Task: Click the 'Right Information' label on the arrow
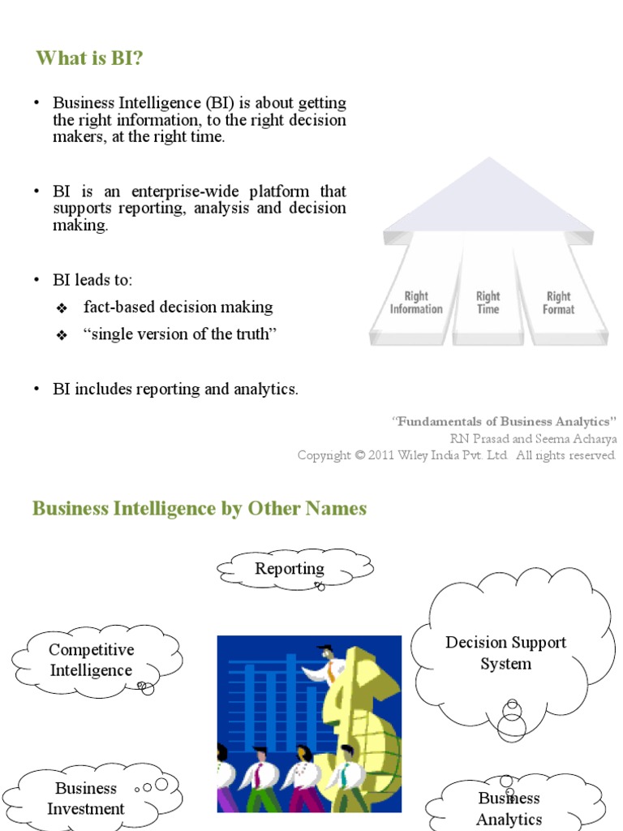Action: pyautogui.click(x=416, y=303)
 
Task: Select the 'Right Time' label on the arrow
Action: pyautogui.click(x=488, y=303)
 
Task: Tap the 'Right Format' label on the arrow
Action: pyautogui.click(x=558, y=303)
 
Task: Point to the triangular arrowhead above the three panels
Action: pyautogui.click(x=488, y=199)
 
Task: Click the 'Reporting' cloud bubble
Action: pyautogui.click(x=290, y=569)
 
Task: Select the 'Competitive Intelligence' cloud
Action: pyautogui.click(x=92, y=661)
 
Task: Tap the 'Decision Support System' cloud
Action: pyautogui.click(x=505, y=653)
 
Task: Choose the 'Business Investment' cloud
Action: pyautogui.click(x=85, y=799)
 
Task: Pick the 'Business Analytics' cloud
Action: pyautogui.click(x=509, y=808)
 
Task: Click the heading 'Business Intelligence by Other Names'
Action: pyautogui.click(x=200, y=509)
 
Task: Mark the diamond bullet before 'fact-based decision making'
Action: pyautogui.click(x=62, y=308)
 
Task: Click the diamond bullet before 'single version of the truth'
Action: pyautogui.click(x=62, y=336)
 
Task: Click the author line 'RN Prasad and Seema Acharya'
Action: pyautogui.click(x=533, y=438)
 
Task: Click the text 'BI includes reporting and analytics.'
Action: pyautogui.click(x=175, y=390)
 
